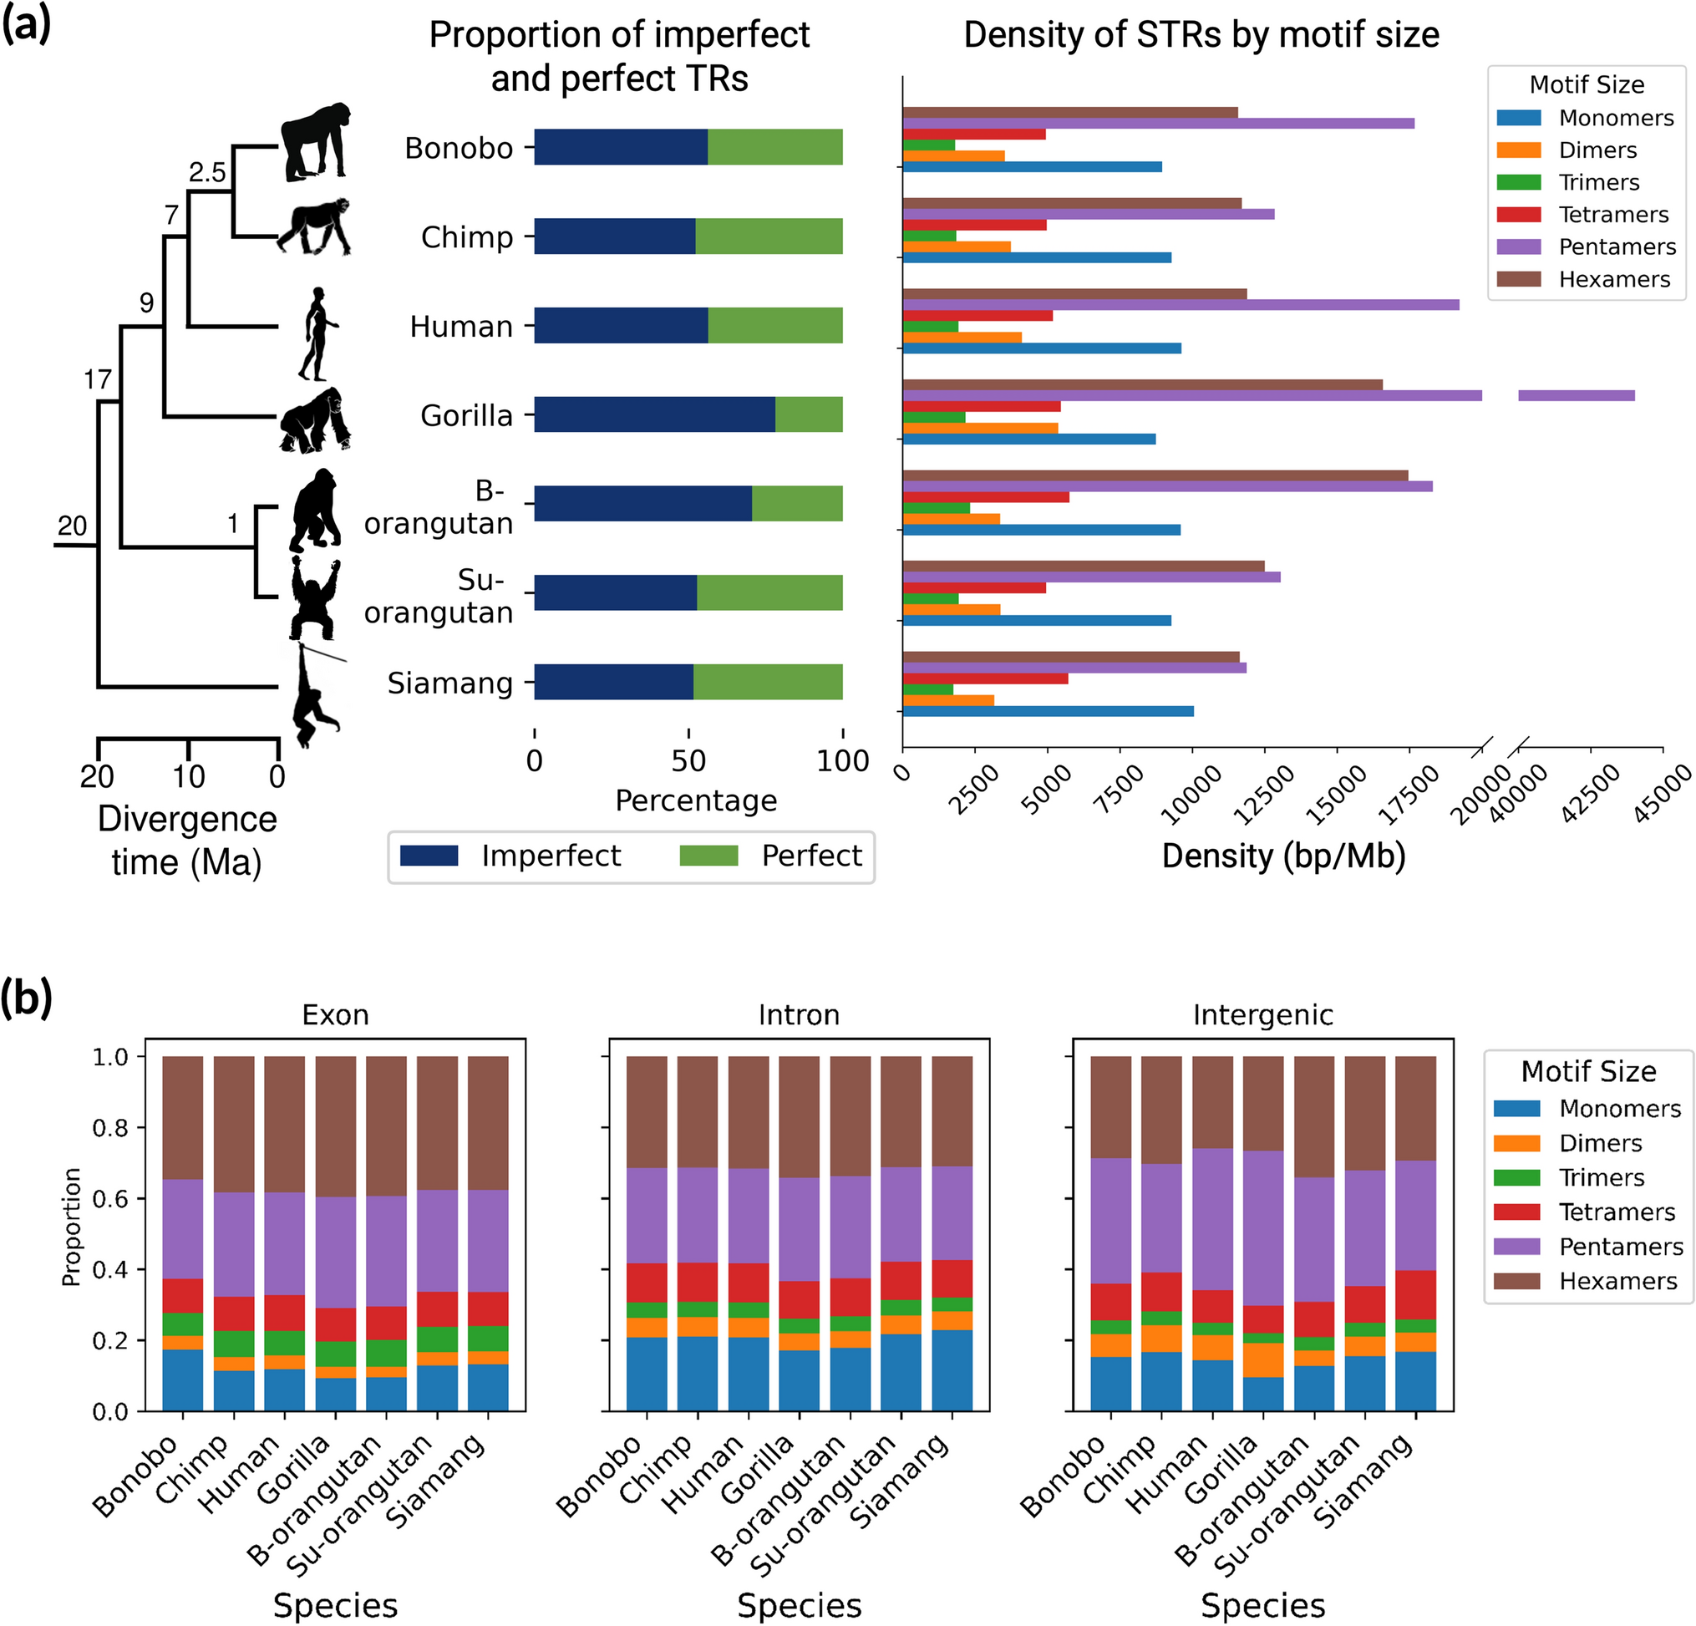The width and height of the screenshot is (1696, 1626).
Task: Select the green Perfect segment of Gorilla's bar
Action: click(x=808, y=414)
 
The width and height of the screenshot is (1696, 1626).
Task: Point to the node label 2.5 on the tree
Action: click(x=208, y=172)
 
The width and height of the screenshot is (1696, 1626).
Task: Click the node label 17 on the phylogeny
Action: click(x=98, y=379)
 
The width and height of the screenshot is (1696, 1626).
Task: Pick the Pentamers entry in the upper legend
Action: click(x=1617, y=246)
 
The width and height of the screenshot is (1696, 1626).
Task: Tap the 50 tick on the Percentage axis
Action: click(x=688, y=760)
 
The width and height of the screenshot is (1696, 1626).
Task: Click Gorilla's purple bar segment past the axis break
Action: click(x=1576, y=395)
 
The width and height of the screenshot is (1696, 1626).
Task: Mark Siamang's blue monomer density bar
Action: click(x=1047, y=711)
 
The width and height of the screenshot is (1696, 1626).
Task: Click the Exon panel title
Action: click(x=335, y=1014)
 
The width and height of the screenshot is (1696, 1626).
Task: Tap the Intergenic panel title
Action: click(x=1262, y=1014)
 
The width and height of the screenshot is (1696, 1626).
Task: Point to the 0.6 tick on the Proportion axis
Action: click(x=110, y=1198)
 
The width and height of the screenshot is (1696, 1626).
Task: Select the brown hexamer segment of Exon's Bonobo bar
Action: click(x=183, y=1116)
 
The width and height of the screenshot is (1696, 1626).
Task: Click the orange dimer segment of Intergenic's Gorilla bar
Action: click(x=1262, y=1359)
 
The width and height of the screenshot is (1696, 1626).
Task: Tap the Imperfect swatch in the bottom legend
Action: click(x=429, y=856)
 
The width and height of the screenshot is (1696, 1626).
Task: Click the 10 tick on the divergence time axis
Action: click(x=189, y=776)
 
